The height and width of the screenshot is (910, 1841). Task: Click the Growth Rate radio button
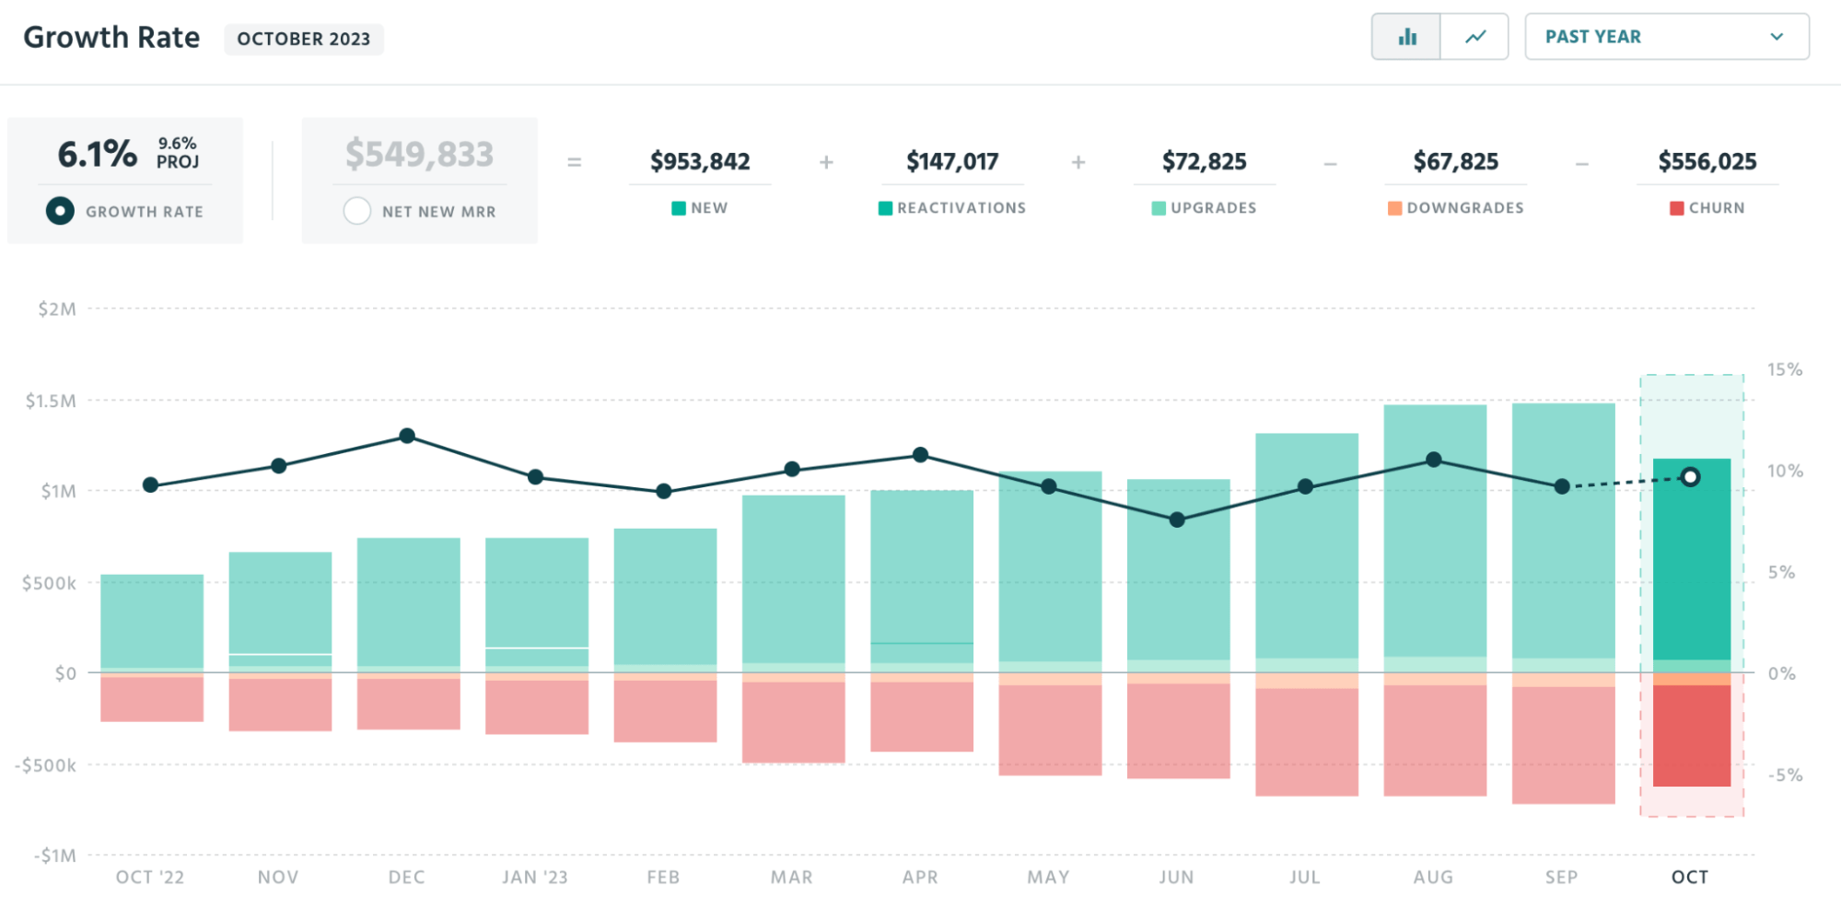[x=60, y=211]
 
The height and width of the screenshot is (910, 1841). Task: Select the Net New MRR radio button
[x=357, y=211]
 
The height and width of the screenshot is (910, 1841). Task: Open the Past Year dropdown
[x=1666, y=37]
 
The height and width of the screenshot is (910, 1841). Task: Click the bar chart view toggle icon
[x=1406, y=37]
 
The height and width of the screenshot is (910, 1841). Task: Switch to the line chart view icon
[x=1474, y=37]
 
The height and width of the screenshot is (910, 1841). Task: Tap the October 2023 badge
[x=304, y=39]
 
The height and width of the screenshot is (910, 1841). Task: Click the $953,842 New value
[x=700, y=161]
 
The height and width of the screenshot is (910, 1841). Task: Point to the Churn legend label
[x=1716, y=208]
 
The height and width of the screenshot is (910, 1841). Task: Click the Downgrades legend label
[x=1464, y=208]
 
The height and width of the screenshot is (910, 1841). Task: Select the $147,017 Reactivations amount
[x=952, y=161]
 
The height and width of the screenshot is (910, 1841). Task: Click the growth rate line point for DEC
[x=407, y=436]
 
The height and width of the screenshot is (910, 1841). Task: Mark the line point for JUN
[x=1177, y=519]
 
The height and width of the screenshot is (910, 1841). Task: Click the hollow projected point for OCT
[x=1690, y=477]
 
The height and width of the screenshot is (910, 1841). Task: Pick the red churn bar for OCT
[x=1692, y=735]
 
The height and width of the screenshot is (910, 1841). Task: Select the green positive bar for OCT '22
[x=152, y=621]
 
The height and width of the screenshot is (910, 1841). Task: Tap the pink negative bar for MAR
[x=793, y=722]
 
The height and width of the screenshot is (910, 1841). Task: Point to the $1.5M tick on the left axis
[x=51, y=401]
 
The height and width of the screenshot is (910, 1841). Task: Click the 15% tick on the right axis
[x=1784, y=369]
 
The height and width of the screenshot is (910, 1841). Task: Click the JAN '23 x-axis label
[x=535, y=877]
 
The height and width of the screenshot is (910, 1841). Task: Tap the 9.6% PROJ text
[x=178, y=152]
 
